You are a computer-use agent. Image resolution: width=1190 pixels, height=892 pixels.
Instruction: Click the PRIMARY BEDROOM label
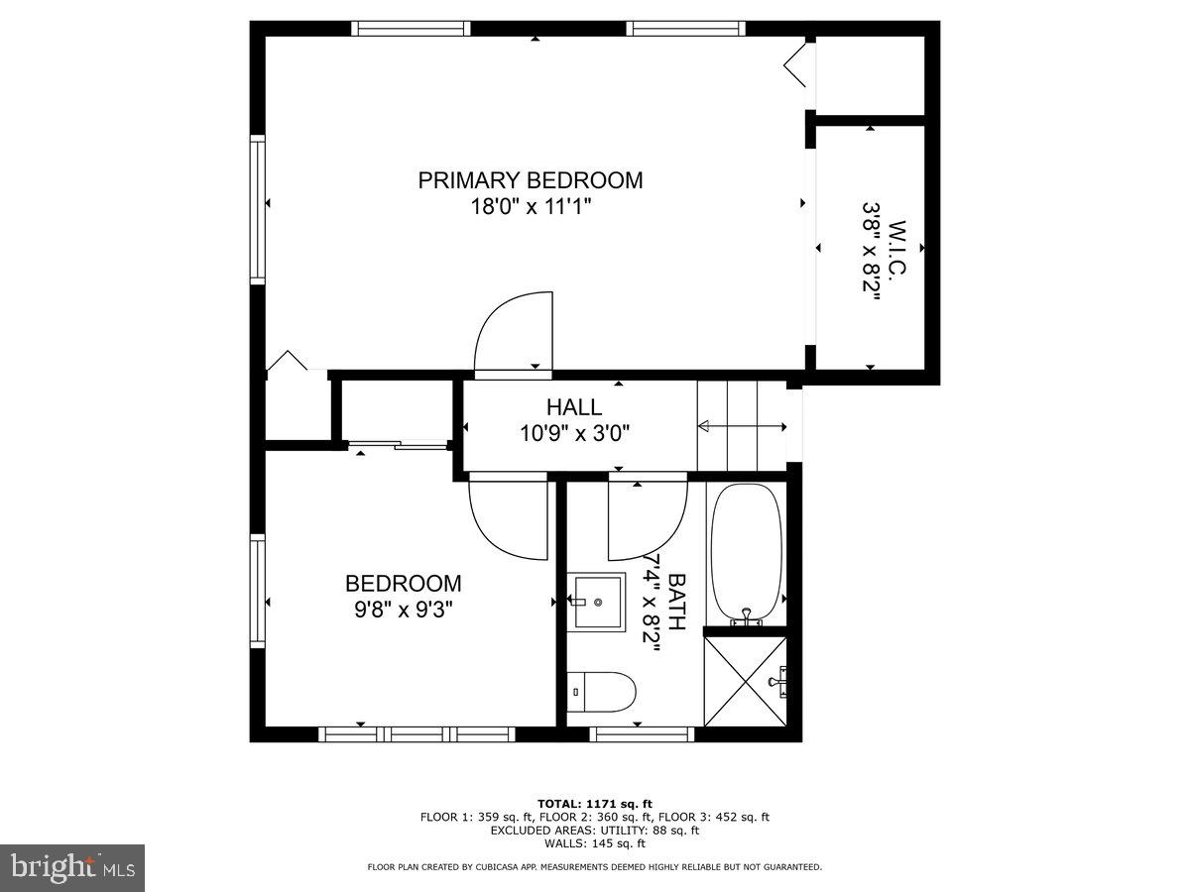[530, 180]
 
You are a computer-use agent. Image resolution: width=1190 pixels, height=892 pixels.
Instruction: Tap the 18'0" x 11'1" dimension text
[530, 206]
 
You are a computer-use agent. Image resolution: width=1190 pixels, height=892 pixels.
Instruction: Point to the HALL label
[573, 407]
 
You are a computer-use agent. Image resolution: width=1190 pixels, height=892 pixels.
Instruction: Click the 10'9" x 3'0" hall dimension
[575, 433]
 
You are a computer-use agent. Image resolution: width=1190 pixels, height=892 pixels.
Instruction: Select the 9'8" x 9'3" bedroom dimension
[403, 610]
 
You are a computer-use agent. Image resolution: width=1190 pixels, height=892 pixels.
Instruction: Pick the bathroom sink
[597, 602]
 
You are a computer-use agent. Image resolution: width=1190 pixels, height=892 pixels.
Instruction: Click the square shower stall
[745, 682]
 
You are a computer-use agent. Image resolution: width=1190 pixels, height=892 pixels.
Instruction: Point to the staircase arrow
[742, 427]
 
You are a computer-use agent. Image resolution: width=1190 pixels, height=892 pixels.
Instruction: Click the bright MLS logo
[72, 868]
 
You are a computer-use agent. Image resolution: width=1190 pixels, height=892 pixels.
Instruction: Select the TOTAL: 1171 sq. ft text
[594, 803]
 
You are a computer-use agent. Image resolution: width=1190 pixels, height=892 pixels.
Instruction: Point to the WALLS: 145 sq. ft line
[594, 843]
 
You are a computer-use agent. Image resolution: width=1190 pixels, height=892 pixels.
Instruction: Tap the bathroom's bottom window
[642, 734]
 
